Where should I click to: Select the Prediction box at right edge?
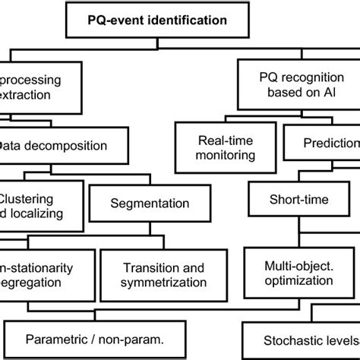click(331, 142)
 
